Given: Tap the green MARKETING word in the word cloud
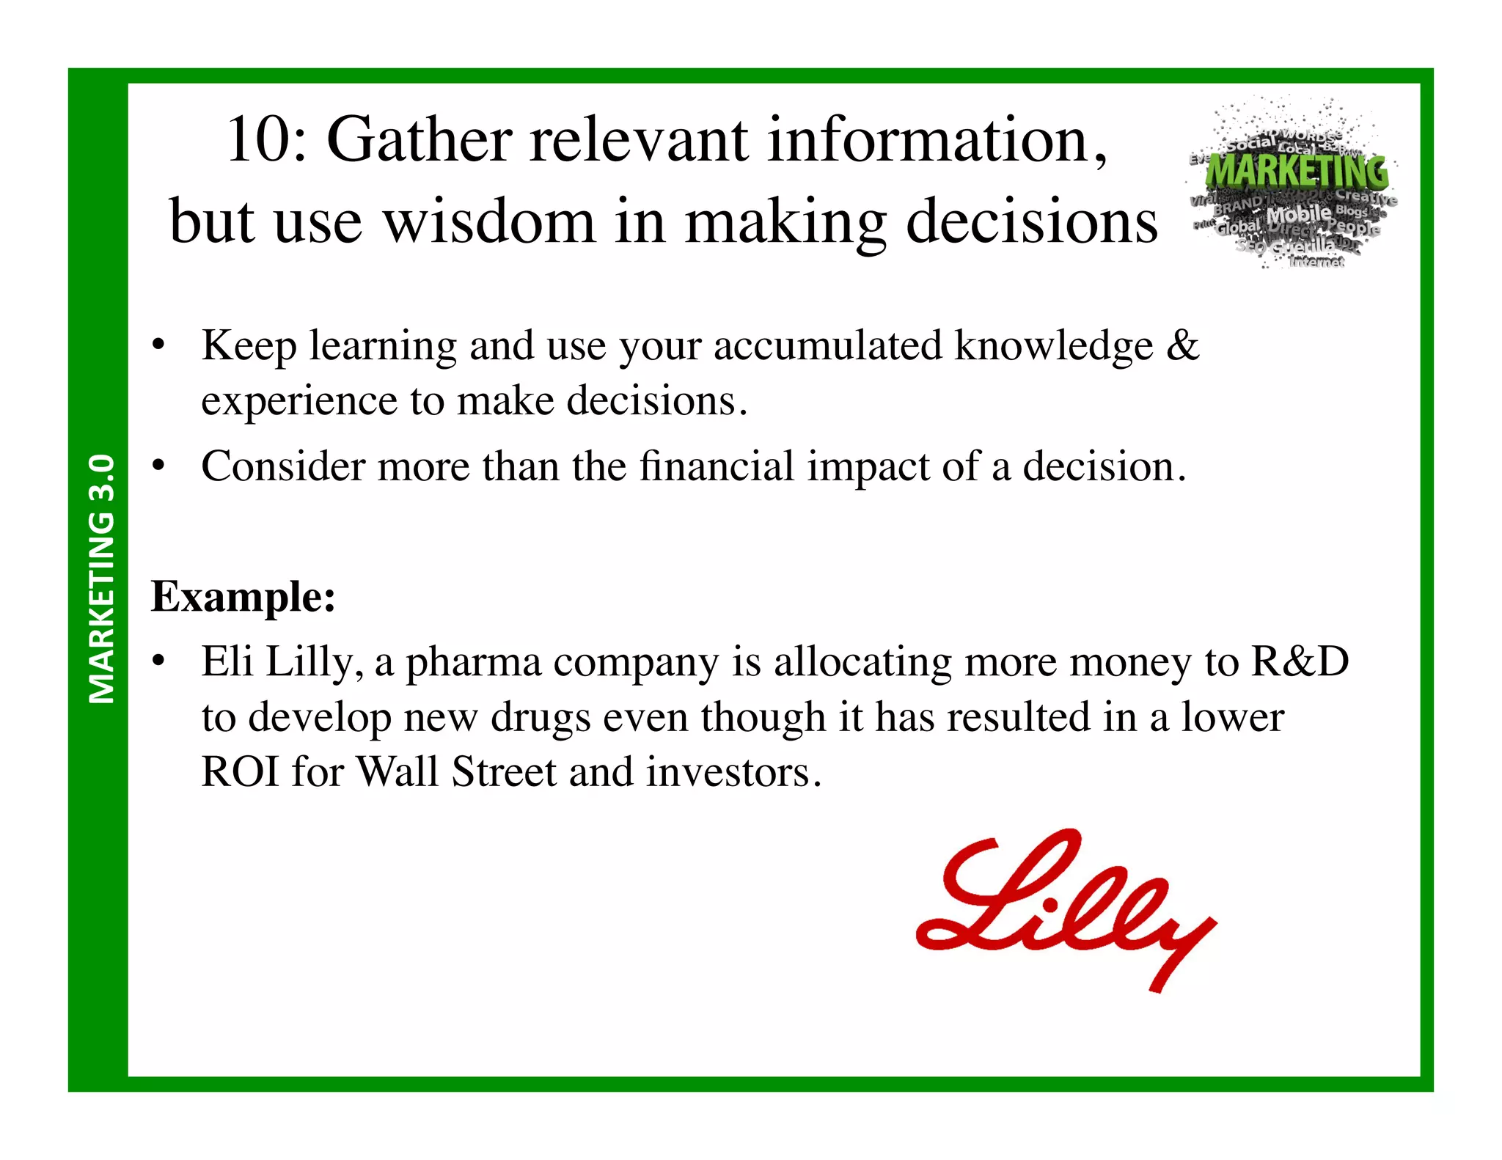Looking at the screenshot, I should (x=1297, y=172).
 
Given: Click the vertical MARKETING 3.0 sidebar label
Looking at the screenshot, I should (x=101, y=579).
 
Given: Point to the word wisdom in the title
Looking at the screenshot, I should (x=489, y=221).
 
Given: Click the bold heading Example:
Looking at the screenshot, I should (x=243, y=596).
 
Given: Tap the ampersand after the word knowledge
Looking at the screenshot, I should (x=1182, y=345).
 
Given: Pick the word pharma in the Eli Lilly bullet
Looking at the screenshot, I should (x=473, y=661).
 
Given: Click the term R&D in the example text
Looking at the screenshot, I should (x=1300, y=661).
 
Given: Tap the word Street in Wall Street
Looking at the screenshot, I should (x=504, y=771).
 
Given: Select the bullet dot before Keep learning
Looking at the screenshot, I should (x=158, y=345).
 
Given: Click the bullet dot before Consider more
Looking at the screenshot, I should (x=158, y=466).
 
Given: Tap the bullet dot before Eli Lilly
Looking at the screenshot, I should (x=158, y=662).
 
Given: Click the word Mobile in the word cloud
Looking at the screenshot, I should (x=1298, y=214).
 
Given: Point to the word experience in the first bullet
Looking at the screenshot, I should (x=299, y=401).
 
